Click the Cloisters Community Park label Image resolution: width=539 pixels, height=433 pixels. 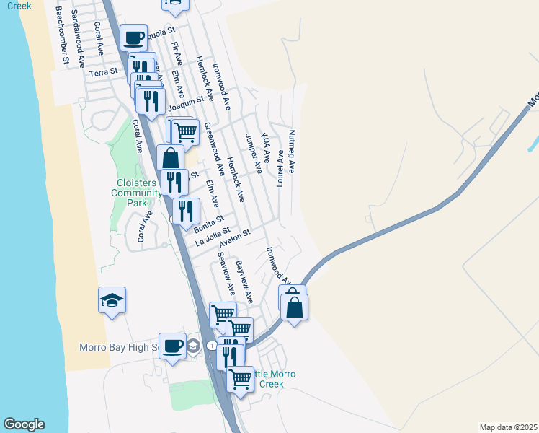(136, 193)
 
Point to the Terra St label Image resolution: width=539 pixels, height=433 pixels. (103, 73)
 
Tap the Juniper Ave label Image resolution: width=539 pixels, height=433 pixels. (253, 154)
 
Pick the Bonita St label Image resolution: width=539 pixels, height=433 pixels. (209, 224)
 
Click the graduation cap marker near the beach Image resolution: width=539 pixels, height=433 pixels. (112, 299)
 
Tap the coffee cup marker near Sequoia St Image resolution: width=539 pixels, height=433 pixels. (133, 37)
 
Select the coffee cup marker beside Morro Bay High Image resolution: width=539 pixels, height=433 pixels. (172, 346)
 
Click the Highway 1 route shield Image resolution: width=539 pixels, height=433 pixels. (211, 347)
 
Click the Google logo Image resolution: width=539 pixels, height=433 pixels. (24, 424)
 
